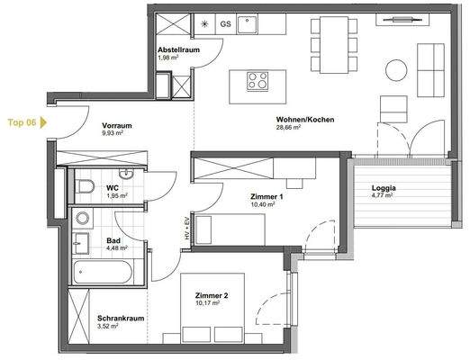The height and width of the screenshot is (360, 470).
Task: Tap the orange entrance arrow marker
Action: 42,121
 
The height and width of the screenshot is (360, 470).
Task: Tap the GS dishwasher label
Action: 225,24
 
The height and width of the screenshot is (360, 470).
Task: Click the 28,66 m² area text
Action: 288,129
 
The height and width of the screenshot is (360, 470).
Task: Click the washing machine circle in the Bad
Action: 83,217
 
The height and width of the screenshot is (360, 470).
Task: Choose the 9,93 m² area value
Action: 116,136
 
